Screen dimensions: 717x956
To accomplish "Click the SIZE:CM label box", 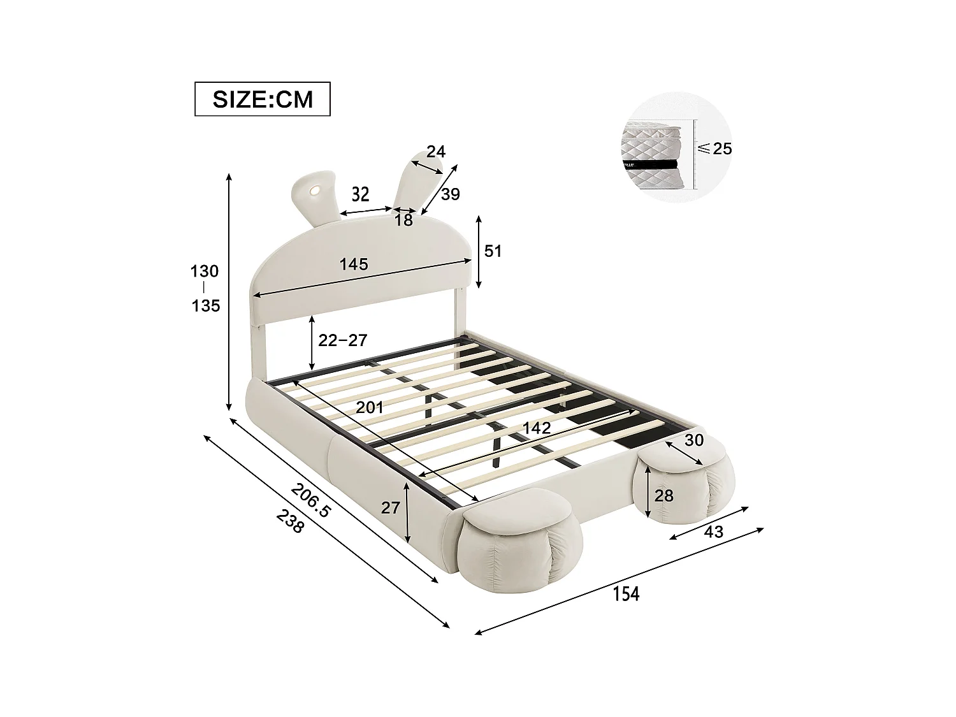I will point(262,99).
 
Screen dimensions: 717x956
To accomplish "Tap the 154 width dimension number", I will point(626,593).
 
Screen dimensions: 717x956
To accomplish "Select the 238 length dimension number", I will point(291,523).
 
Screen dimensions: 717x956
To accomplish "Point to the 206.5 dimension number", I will point(312,500).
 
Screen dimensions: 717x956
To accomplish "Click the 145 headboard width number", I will point(354,264).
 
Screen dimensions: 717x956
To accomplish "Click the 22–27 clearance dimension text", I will point(343,340).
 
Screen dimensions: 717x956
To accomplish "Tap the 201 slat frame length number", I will point(370,407).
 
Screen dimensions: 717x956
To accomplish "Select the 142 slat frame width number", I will point(536,428).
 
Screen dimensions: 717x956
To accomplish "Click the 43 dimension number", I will point(714,531).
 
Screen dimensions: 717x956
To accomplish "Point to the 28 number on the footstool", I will point(663,495).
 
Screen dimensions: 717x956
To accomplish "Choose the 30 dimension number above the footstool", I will point(694,440).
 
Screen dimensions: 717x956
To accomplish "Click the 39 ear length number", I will point(450,194).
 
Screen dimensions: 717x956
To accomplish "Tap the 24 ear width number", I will point(436,152).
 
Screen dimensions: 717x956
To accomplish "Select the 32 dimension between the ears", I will point(360,194).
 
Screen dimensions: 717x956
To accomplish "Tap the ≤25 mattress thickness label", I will point(715,148).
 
